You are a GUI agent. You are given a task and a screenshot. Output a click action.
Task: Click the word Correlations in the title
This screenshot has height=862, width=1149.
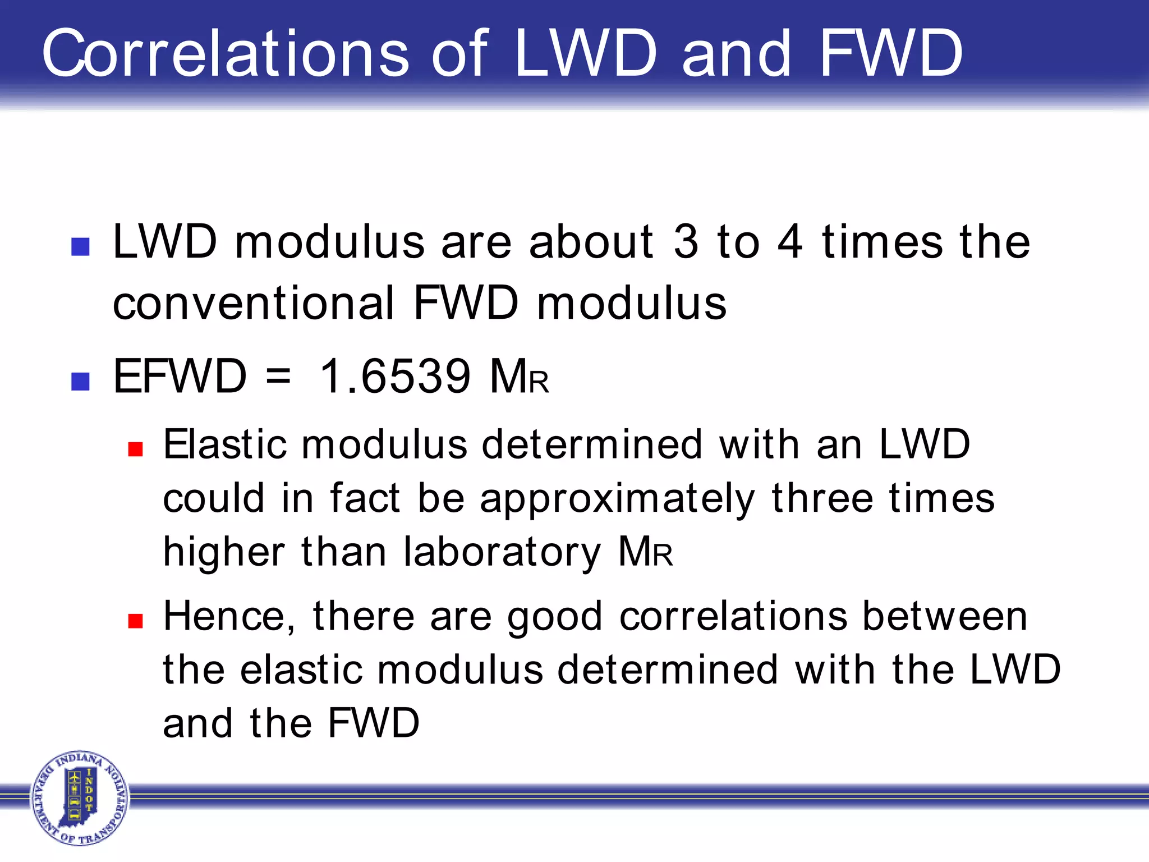(x=225, y=53)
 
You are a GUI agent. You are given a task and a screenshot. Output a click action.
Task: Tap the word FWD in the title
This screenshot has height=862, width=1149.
(x=891, y=53)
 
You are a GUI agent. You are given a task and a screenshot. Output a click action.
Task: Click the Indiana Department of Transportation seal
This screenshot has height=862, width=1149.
(x=80, y=797)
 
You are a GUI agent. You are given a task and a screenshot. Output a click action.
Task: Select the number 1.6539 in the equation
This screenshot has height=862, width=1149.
(x=395, y=376)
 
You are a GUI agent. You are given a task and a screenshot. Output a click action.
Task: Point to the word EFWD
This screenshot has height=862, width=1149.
(x=180, y=376)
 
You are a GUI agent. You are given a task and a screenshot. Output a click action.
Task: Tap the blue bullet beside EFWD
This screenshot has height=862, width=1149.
(x=81, y=381)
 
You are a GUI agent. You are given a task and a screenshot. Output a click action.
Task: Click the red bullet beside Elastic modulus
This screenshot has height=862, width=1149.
(x=135, y=449)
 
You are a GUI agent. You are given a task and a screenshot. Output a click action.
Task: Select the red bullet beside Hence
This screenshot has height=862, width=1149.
(x=135, y=620)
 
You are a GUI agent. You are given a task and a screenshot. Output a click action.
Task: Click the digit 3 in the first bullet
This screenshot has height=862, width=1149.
(x=686, y=242)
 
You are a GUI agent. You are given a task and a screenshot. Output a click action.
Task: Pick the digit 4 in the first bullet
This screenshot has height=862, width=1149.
(x=790, y=242)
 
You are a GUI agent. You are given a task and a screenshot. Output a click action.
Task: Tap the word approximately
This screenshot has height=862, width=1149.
(x=617, y=499)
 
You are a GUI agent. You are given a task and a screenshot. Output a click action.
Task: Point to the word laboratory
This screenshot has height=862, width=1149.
(x=502, y=552)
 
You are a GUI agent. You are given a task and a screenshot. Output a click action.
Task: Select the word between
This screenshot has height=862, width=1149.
(x=944, y=616)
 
